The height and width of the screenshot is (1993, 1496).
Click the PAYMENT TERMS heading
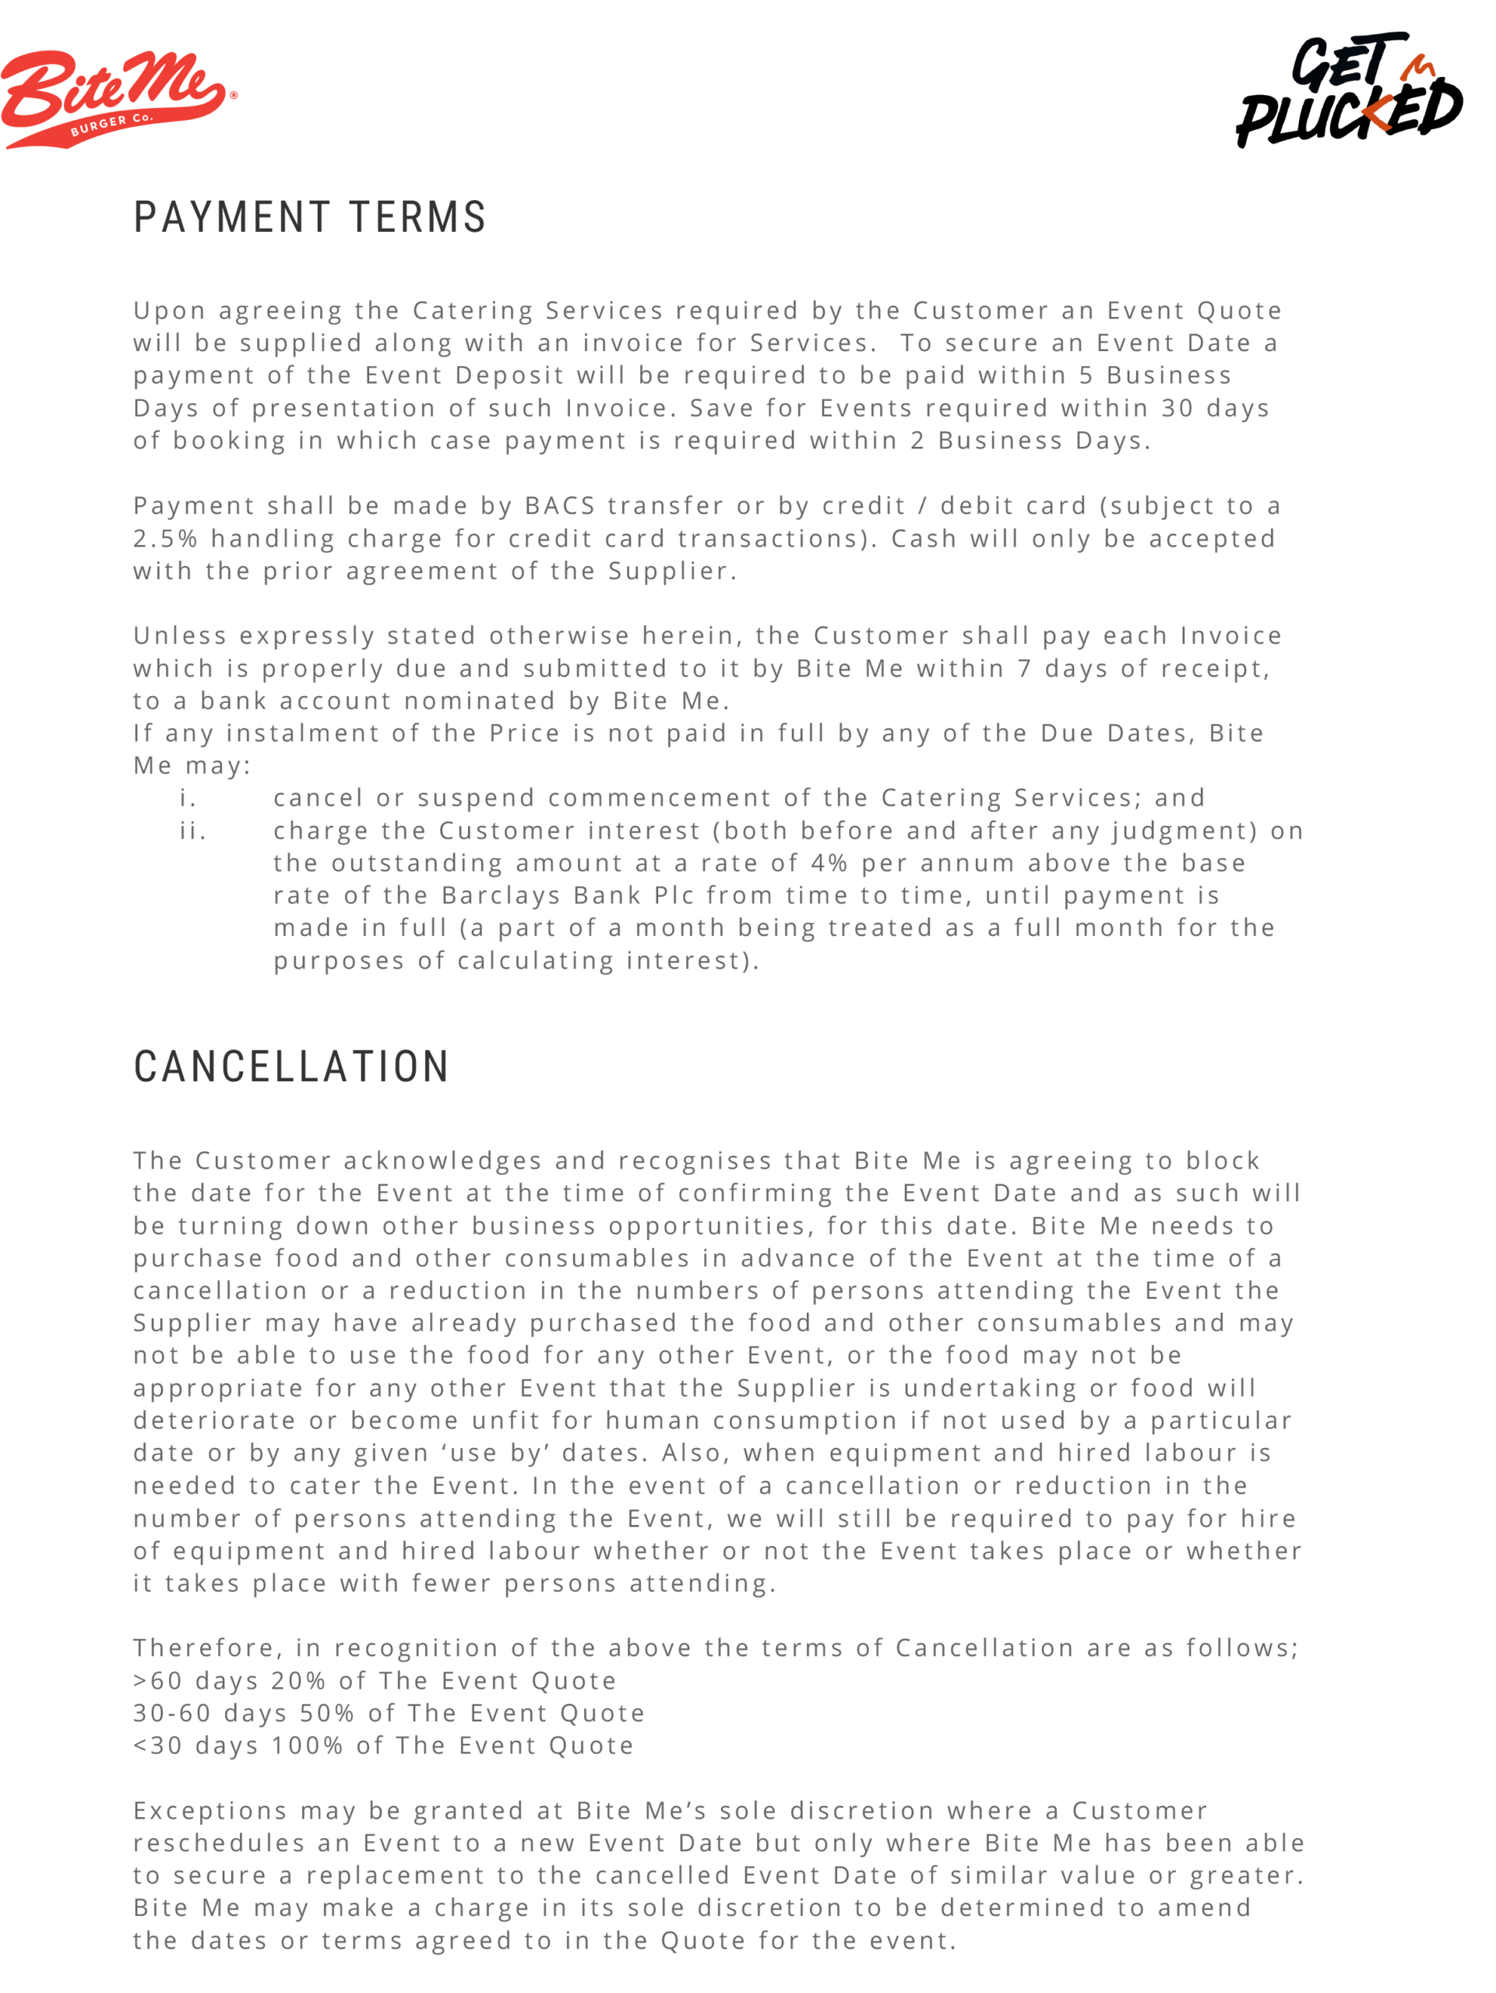point(310,218)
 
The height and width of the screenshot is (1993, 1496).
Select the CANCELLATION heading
point(291,1067)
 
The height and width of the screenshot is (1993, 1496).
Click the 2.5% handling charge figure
point(165,539)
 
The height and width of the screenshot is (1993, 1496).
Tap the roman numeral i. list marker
point(188,798)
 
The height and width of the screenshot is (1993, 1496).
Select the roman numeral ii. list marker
point(193,831)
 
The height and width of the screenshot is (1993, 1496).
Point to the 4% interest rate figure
point(829,863)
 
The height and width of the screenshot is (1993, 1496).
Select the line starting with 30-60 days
point(389,1713)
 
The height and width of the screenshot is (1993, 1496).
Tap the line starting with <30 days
point(383,1745)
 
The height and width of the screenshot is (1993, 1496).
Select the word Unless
point(179,636)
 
